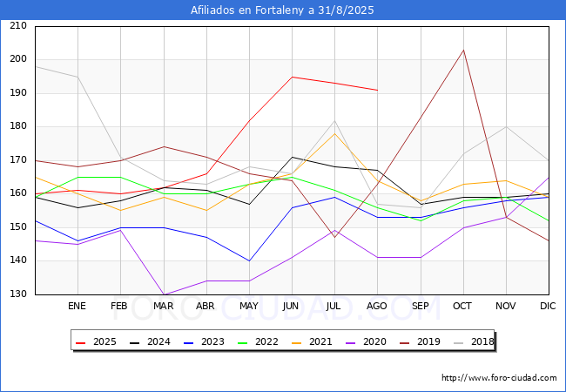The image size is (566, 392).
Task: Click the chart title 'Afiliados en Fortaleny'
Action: tap(282, 10)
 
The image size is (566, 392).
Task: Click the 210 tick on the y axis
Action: tap(17, 26)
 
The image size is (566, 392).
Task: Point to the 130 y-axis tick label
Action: tap(17, 295)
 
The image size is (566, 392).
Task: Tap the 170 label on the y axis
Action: tap(17, 160)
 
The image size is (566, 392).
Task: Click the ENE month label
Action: tap(77, 307)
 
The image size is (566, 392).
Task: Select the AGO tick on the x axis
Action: tap(377, 307)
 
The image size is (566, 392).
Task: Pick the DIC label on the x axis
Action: tap(548, 307)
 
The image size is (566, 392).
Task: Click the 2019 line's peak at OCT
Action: tap(463, 50)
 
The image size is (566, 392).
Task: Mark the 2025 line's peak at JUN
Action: tap(292, 77)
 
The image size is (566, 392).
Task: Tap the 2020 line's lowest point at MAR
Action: tap(163, 295)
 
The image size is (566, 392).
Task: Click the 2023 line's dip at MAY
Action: tap(249, 261)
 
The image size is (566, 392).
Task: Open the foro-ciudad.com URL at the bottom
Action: tap(499, 378)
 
